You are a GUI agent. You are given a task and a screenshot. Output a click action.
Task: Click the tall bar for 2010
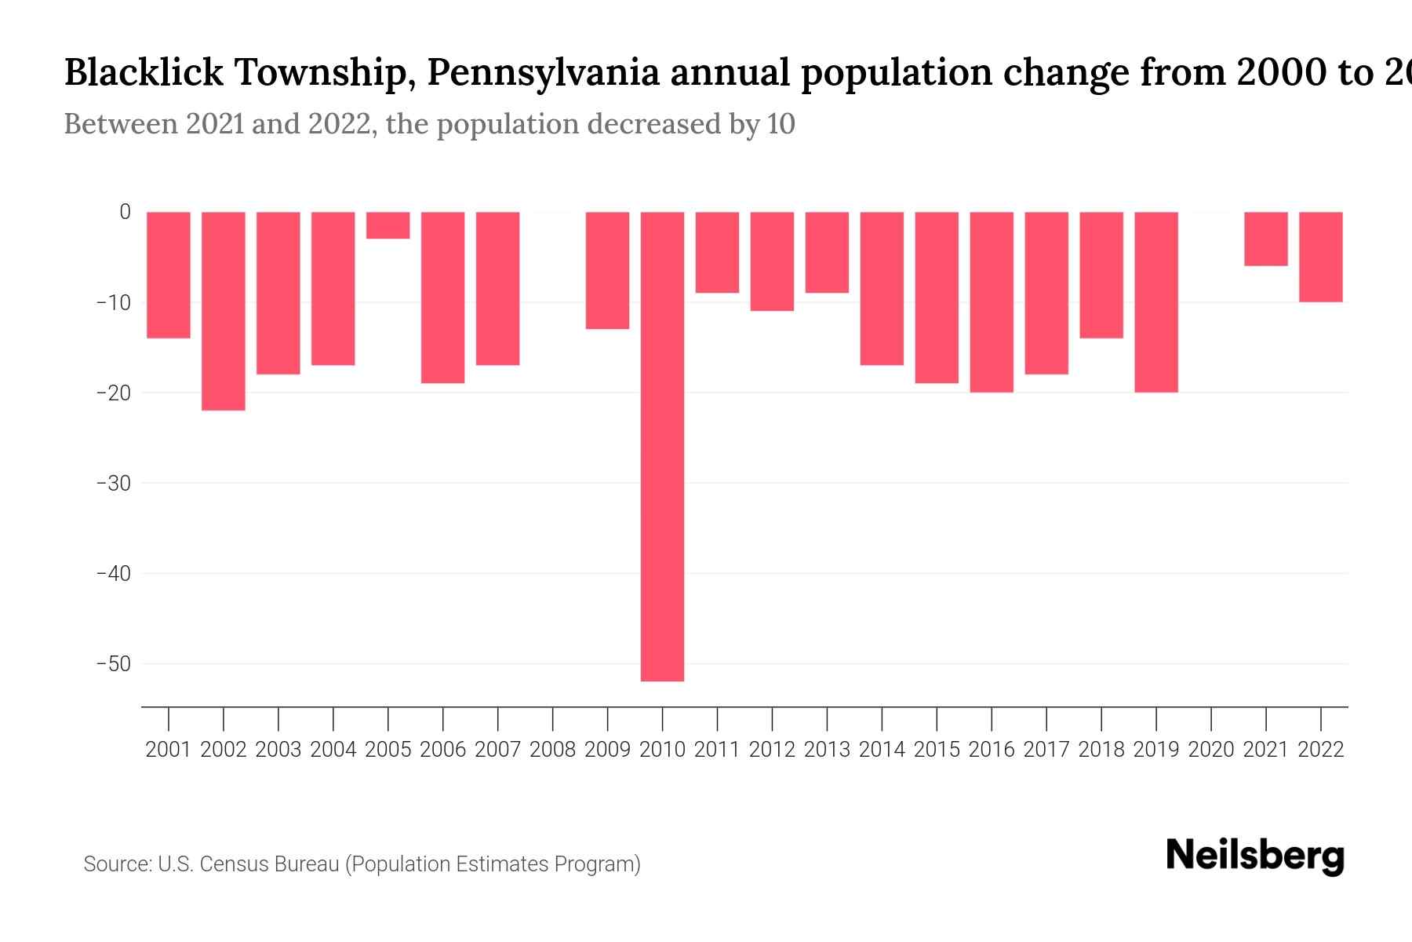click(662, 446)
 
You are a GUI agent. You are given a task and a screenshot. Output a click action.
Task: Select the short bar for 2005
click(388, 225)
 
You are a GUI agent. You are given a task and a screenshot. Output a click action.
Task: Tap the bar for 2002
click(224, 311)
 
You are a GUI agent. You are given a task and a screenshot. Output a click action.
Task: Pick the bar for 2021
click(1265, 239)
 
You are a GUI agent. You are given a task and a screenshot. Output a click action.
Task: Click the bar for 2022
click(1320, 257)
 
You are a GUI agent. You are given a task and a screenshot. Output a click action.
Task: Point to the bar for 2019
click(1155, 302)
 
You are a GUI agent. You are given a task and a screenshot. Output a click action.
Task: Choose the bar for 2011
click(717, 252)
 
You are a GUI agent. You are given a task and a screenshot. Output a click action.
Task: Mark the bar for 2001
click(169, 275)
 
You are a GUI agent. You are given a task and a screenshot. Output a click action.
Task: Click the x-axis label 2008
click(552, 750)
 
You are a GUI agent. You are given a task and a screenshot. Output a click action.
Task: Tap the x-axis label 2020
click(1210, 750)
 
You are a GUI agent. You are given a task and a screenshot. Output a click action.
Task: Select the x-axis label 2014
click(882, 750)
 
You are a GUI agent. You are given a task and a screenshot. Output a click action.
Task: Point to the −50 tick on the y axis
click(114, 664)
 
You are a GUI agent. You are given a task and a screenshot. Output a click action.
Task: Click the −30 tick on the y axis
click(114, 483)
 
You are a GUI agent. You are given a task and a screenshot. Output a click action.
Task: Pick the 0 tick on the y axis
click(125, 212)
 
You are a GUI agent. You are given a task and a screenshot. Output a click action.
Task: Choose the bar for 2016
click(991, 302)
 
